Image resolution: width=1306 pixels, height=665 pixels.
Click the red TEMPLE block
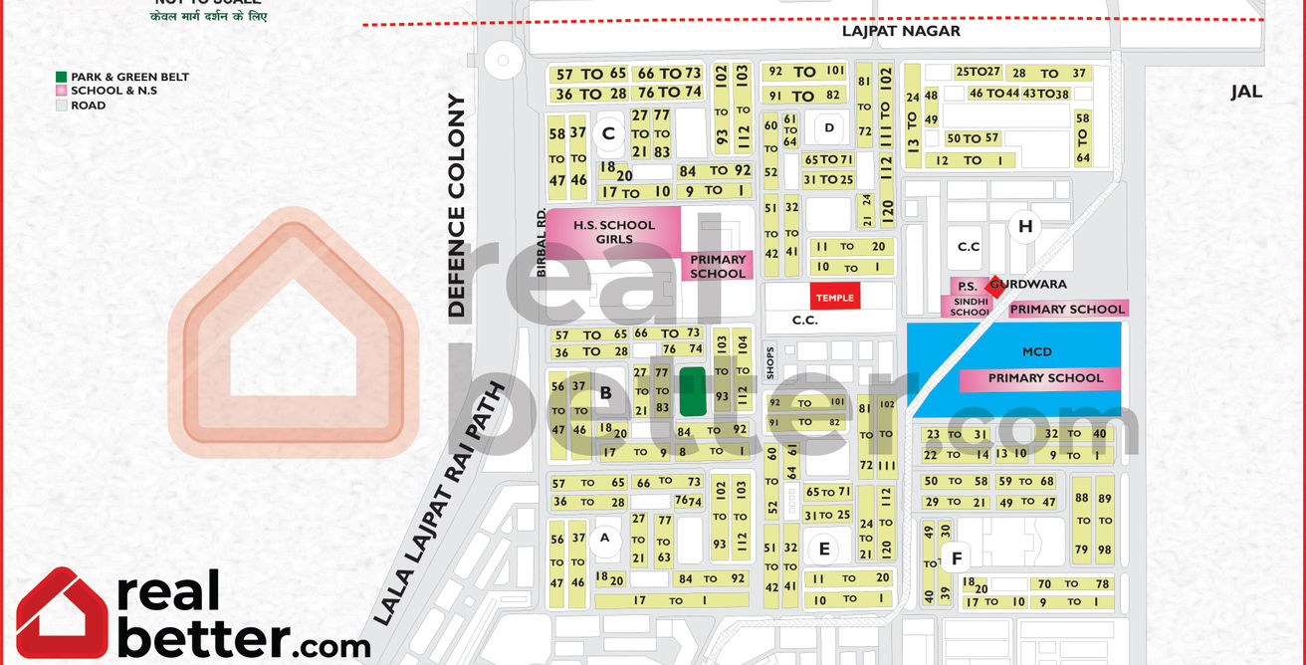[834, 297]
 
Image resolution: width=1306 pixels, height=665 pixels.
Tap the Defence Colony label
[457, 205]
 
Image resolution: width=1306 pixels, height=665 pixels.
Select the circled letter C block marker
[608, 132]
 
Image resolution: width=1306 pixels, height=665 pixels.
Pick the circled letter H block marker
[1024, 226]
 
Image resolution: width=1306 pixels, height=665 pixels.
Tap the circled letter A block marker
[602, 540]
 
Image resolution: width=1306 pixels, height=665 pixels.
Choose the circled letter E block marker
[823, 549]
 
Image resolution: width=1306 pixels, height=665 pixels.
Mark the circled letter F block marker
[957, 557]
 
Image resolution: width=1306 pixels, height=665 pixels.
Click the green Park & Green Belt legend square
[62, 77]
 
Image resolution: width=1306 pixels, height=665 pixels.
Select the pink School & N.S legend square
[62, 91]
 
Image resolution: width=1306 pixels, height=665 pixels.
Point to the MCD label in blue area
[1036, 351]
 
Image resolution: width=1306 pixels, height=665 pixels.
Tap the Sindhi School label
[969, 306]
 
